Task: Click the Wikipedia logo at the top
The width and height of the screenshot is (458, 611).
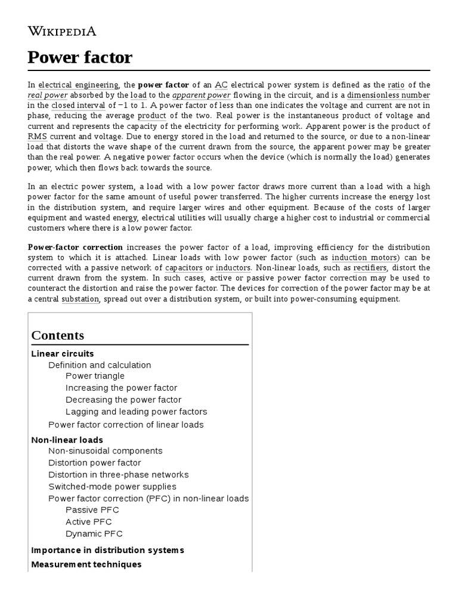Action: (x=62, y=31)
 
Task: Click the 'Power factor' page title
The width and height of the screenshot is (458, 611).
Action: (x=80, y=58)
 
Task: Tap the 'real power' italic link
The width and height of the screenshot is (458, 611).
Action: (x=48, y=95)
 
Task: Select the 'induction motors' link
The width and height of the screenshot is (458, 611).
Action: (x=365, y=257)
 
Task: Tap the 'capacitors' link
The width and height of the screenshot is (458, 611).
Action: (x=184, y=268)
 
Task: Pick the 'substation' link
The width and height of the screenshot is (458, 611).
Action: (x=80, y=299)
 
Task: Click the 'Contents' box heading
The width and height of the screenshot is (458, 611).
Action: (x=58, y=335)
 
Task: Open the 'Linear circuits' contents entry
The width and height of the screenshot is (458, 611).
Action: (x=63, y=354)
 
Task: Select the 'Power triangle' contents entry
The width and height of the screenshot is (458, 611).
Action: (x=95, y=376)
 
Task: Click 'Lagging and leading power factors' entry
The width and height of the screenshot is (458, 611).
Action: (x=136, y=412)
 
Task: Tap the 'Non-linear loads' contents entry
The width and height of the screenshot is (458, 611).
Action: (x=67, y=440)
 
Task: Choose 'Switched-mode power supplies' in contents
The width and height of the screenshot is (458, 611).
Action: (x=112, y=486)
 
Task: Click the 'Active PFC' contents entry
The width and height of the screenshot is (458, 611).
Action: (x=88, y=521)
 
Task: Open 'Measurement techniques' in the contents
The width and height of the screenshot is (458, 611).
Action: (x=86, y=564)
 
